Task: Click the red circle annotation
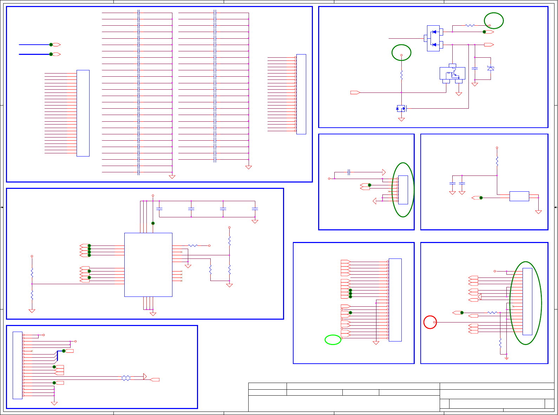pyautogui.click(x=430, y=322)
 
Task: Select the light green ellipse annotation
pyautogui.click(x=333, y=340)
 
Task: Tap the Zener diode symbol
pyautogui.click(x=491, y=68)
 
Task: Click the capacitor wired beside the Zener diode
pyautogui.click(x=475, y=68)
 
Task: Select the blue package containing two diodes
pyautogui.click(x=433, y=38)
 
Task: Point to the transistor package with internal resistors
pyautogui.click(x=452, y=74)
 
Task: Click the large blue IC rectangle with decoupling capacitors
pyautogui.click(x=148, y=264)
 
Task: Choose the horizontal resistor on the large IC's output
pyautogui.click(x=193, y=245)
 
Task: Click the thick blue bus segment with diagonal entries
pyautogui.click(x=57, y=356)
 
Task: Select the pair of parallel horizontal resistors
pyautogui.click(x=126, y=378)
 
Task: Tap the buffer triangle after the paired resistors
pyautogui.click(x=145, y=377)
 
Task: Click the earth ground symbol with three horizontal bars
pyautogui.click(x=506, y=358)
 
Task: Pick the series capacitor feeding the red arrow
pyautogui.click(x=349, y=172)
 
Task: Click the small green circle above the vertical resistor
pyautogui.click(x=401, y=53)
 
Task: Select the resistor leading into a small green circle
pyautogui.click(x=470, y=25)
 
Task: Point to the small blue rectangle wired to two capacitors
pyautogui.click(x=519, y=196)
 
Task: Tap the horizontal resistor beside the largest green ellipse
pyautogui.click(x=492, y=313)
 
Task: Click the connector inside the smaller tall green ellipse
pyautogui.click(x=403, y=190)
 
